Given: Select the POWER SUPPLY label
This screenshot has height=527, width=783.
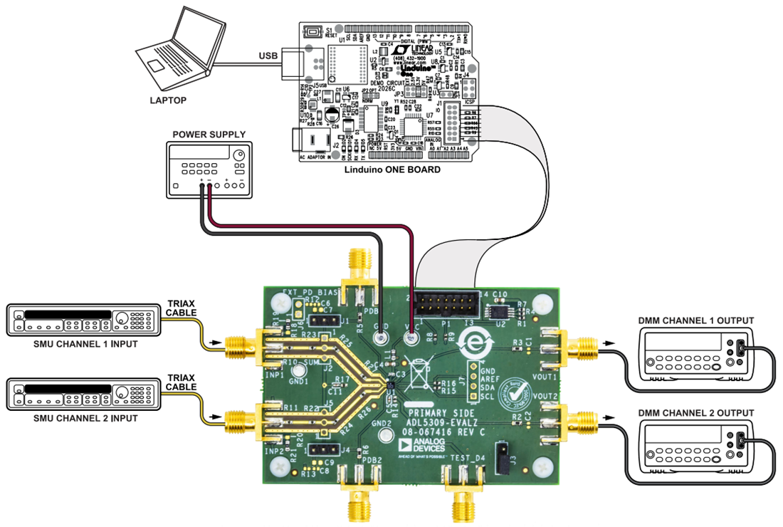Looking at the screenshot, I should click(x=209, y=135).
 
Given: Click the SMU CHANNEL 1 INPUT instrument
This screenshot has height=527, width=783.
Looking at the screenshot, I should click(x=83, y=320).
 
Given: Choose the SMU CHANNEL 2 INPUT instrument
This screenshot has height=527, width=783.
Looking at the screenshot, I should click(x=83, y=394).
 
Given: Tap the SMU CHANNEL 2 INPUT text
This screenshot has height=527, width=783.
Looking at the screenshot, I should click(x=85, y=417).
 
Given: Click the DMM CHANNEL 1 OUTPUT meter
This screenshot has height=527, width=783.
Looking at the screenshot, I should click(x=694, y=358).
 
